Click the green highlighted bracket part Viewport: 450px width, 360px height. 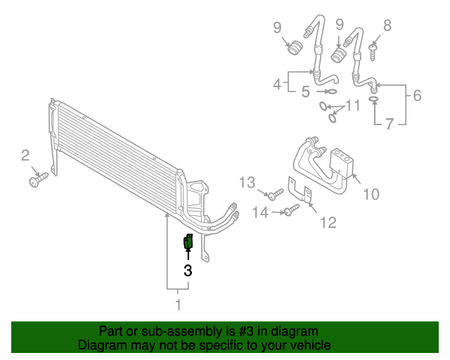click(x=188, y=242)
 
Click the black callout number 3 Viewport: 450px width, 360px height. click(x=188, y=269)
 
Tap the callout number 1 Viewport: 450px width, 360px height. click(x=178, y=304)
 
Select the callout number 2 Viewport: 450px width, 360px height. click(x=25, y=155)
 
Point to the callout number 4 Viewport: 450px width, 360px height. click(x=278, y=85)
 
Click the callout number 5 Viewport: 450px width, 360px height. click(x=306, y=91)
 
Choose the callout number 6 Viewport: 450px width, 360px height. click(x=417, y=95)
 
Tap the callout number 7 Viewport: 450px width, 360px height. click(x=388, y=124)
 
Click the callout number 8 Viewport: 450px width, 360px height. click(x=387, y=26)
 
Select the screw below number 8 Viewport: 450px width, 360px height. click(x=373, y=49)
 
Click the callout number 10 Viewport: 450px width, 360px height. click(x=371, y=194)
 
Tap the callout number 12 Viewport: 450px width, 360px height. click(x=328, y=223)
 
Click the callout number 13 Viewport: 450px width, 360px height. click(x=246, y=183)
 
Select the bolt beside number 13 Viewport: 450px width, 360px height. click(x=274, y=193)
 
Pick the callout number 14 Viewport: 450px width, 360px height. click(x=260, y=212)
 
